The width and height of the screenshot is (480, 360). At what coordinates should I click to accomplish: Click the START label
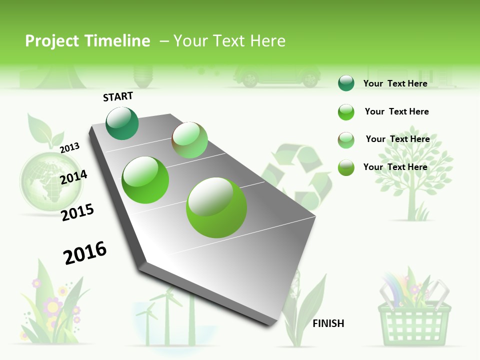118,96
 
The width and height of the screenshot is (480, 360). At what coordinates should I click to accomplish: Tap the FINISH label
328,323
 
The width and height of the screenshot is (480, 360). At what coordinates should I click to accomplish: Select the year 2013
70,148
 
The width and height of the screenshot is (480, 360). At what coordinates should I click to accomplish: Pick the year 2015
77,212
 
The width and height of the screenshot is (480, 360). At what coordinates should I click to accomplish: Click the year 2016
85,253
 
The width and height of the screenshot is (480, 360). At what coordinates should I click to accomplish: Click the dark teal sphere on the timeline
122,123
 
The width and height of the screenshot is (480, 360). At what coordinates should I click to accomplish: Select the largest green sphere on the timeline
216,207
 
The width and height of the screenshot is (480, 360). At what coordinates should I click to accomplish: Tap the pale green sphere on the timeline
189,140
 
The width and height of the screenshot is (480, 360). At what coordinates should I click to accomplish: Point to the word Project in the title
52,41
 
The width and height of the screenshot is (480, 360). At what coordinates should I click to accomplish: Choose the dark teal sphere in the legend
346,83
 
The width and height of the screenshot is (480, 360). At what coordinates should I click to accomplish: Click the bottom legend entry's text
395,167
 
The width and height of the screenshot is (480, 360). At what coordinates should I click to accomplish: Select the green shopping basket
414,315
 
